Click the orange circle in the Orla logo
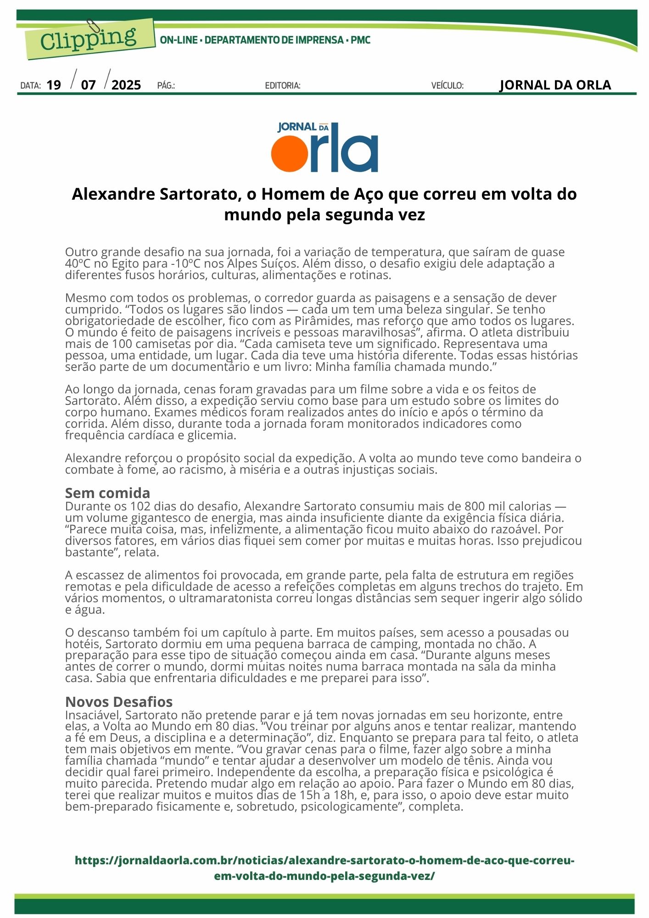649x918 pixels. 289,153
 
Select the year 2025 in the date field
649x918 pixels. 126,85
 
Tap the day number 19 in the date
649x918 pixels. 54,85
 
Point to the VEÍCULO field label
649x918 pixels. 447,86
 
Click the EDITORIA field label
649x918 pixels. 283,86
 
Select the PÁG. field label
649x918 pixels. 166,86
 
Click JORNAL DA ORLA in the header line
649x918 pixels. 555,85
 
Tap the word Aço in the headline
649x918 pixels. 370,194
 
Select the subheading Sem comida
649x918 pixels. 107,493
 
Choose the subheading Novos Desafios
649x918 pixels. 119,702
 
